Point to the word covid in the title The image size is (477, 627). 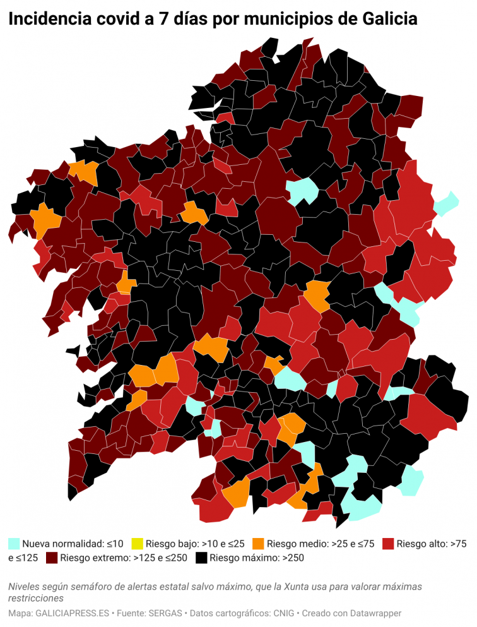point(118,20)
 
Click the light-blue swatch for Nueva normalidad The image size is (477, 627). point(14,543)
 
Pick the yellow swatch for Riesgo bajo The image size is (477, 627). point(137,543)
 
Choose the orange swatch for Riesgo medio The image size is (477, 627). point(258,543)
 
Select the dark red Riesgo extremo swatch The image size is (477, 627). point(52,558)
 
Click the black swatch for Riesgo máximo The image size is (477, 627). point(201,558)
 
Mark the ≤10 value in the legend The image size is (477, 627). point(114,543)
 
